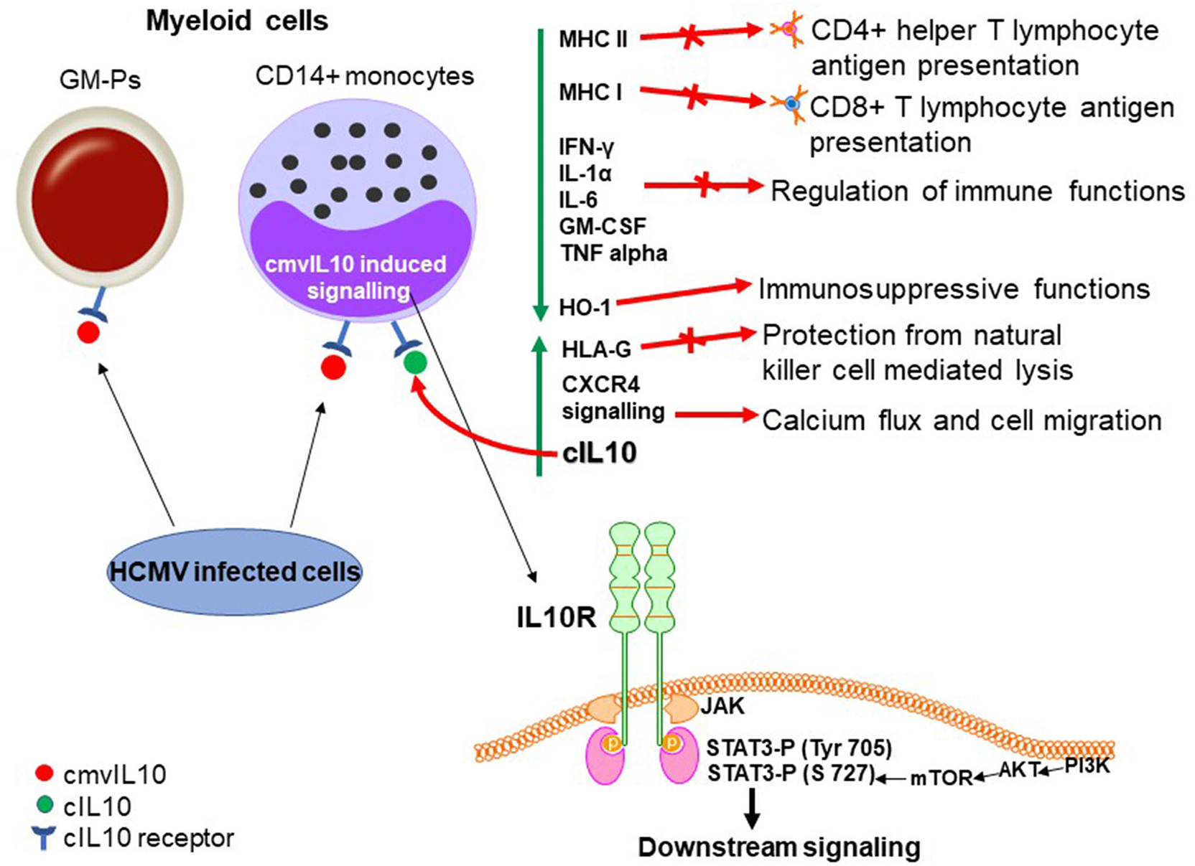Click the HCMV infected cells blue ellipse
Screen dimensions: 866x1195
pyautogui.click(x=235, y=572)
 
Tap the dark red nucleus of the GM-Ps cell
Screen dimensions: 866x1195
pyautogui.click(x=100, y=199)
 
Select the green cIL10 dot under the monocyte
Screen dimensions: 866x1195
pyautogui.click(x=415, y=362)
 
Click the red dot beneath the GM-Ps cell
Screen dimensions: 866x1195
pyautogui.click(x=88, y=332)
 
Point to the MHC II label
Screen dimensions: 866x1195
pyautogui.click(x=593, y=39)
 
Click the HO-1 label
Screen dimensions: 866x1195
pyautogui.click(x=585, y=308)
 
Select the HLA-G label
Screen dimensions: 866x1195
pyautogui.click(x=597, y=349)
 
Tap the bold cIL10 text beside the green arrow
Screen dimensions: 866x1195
pyautogui.click(x=600, y=453)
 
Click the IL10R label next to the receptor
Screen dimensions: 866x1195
pyautogui.click(x=557, y=617)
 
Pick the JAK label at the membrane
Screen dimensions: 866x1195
pyautogui.click(x=723, y=706)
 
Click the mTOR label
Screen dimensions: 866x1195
pyautogui.click(x=941, y=778)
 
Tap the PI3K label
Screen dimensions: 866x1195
pyautogui.click(x=1087, y=766)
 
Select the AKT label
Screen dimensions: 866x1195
pyautogui.click(x=1019, y=771)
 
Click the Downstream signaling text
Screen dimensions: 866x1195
pyautogui.click(x=779, y=847)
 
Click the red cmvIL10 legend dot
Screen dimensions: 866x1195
pyautogui.click(x=45, y=773)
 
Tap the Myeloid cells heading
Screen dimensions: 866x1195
pyautogui.click(x=237, y=21)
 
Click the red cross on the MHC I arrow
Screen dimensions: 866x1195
pyautogui.click(x=694, y=95)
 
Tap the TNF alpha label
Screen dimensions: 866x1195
pyautogui.click(x=614, y=253)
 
